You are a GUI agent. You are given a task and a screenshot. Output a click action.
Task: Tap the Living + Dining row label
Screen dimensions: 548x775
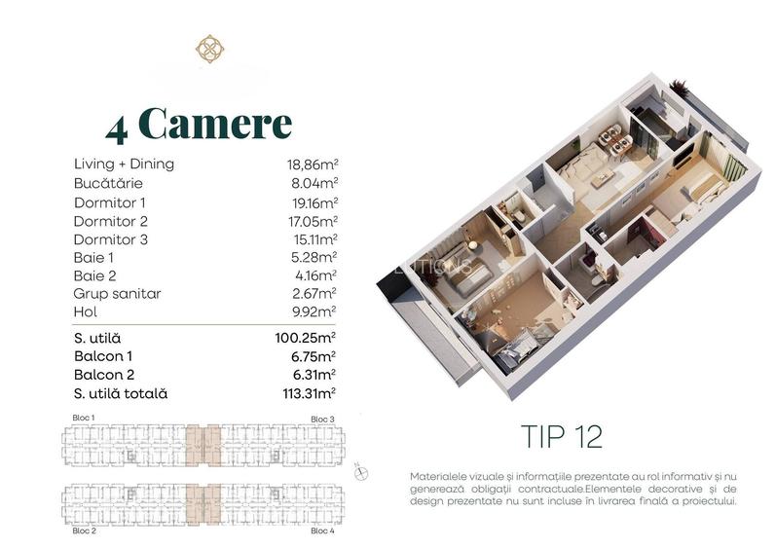(x=124, y=164)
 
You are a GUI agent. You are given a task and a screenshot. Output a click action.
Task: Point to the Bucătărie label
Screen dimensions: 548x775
(x=108, y=183)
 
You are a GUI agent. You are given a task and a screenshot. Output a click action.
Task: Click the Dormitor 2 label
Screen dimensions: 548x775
(x=110, y=220)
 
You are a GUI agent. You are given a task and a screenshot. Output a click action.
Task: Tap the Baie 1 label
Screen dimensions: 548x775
(x=94, y=257)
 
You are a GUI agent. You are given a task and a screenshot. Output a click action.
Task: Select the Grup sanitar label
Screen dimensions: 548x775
(x=117, y=294)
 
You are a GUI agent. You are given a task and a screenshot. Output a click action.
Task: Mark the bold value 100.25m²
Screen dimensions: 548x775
(x=305, y=338)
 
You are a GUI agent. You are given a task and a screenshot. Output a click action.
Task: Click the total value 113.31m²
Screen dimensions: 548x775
(x=305, y=393)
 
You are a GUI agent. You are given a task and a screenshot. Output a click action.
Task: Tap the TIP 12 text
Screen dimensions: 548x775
(x=562, y=436)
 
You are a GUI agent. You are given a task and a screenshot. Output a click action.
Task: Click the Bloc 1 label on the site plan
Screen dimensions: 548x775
(x=85, y=418)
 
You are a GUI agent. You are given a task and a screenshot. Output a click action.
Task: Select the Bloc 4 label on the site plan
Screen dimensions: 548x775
(x=322, y=531)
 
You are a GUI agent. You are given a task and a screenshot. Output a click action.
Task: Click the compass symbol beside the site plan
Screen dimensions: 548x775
(x=362, y=471)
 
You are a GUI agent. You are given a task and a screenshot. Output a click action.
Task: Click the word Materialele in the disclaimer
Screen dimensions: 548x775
(x=443, y=475)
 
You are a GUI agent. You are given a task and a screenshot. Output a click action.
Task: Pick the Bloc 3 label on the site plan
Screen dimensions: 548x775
(x=322, y=419)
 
